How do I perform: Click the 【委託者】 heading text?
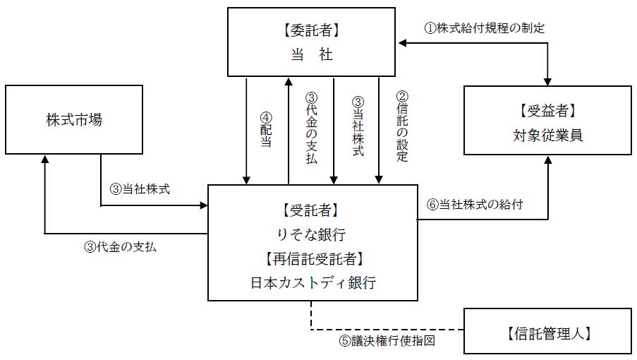(311, 31)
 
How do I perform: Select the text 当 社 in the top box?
(311, 54)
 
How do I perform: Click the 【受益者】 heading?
(547, 110)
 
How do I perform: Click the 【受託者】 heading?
(311, 210)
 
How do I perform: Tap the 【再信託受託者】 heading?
(311, 258)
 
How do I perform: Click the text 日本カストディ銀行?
(311, 283)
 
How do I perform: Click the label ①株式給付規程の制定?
(483, 28)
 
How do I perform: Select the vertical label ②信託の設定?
(402, 127)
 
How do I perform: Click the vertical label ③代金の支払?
(311, 129)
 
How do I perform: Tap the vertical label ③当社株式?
(357, 126)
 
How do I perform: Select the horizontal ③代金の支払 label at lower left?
(120, 247)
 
